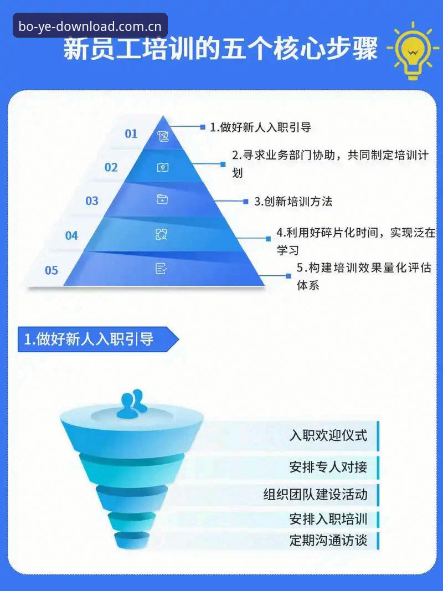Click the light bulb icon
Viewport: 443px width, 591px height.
point(413,51)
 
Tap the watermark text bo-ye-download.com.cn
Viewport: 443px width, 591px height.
point(90,27)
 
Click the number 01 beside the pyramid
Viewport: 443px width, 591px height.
point(131,133)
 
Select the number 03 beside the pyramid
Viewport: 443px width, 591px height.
point(91,201)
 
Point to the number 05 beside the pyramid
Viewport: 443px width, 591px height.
point(51,270)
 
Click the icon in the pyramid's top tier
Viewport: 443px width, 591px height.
point(163,136)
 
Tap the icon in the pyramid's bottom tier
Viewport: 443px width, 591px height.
point(161,269)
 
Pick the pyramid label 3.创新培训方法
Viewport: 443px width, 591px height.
point(293,201)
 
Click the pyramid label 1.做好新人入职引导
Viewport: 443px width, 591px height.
point(260,127)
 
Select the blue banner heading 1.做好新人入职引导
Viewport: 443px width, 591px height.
point(89,339)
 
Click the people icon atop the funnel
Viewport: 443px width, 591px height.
point(132,404)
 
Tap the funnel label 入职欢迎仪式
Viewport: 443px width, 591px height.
point(328,435)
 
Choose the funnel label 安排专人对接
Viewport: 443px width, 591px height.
point(328,467)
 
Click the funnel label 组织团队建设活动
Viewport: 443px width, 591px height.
point(315,494)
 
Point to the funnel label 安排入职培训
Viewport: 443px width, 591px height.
point(328,519)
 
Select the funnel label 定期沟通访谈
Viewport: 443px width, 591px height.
point(328,540)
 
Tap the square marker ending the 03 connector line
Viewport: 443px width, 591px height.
point(246,202)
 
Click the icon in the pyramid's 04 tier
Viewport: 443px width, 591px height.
point(161,234)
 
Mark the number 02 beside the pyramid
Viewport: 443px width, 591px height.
point(111,167)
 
